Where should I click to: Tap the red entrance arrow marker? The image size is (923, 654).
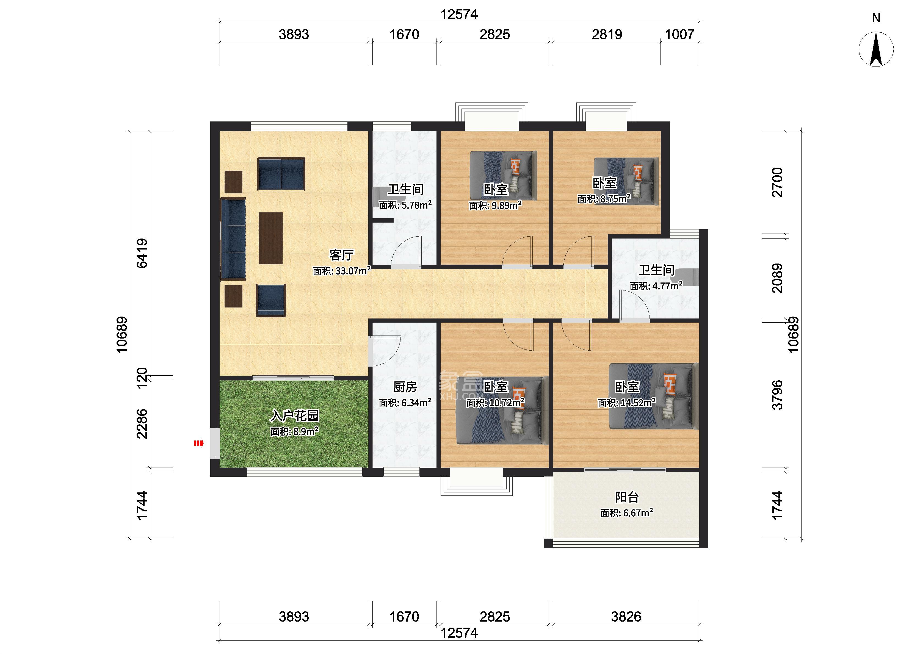198,444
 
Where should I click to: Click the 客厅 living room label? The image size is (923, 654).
341,255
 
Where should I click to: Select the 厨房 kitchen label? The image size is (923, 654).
405,387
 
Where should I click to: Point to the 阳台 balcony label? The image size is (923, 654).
627,497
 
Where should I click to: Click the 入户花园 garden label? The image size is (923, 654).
295,415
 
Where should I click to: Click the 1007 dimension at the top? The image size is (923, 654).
679,34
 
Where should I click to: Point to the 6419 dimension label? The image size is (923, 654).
142,253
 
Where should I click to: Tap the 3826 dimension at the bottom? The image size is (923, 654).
626,617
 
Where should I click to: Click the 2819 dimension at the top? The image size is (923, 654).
607,34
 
